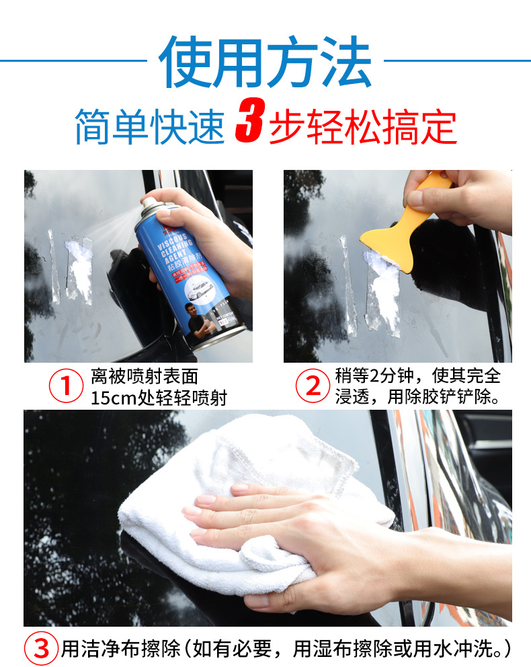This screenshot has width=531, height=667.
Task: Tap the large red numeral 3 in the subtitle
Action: [248, 125]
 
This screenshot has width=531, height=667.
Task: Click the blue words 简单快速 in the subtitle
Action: [149, 126]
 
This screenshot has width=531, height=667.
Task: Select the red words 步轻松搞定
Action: [363, 126]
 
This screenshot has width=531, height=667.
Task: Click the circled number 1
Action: [67, 386]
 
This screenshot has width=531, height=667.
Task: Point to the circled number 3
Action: [42, 649]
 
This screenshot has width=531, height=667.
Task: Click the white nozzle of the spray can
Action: [147, 202]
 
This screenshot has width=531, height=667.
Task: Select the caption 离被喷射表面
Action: [145, 375]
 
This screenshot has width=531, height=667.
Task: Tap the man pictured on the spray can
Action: [202, 322]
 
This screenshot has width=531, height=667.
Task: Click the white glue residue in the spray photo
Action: [79, 269]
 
